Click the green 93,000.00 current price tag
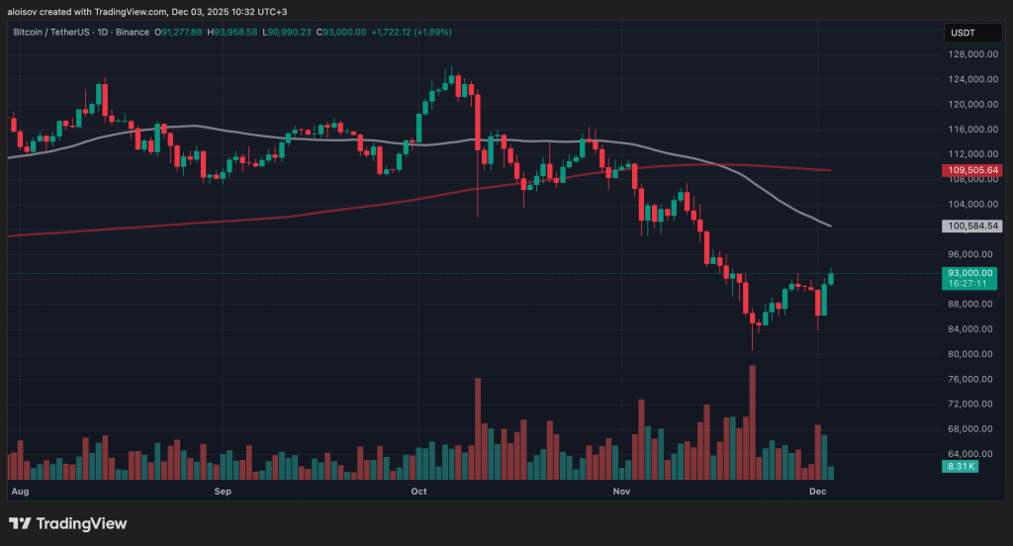click(969, 273)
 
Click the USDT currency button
click(963, 33)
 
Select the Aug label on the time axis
click(19, 491)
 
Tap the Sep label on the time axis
click(223, 491)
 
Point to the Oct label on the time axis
click(418, 491)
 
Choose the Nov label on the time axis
click(621, 491)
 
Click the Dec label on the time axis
click(818, 491)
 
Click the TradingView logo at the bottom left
click(68, 523)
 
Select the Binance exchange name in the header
click(130, 32)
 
